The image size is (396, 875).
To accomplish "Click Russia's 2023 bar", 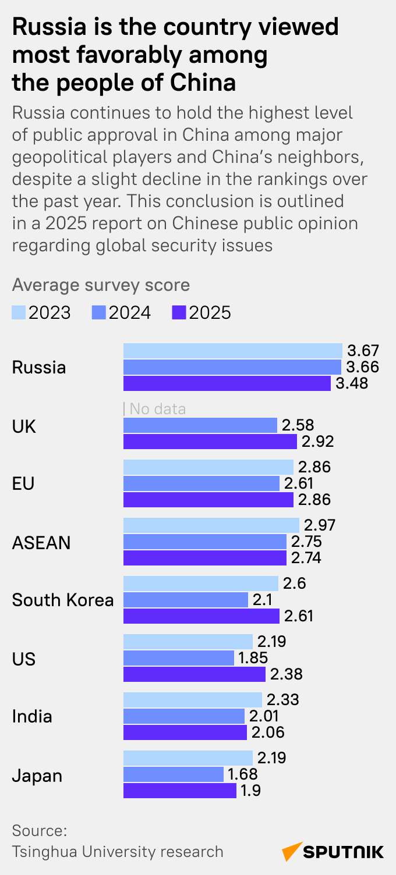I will coord(233,351).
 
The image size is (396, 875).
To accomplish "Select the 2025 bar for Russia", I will coord(227,383).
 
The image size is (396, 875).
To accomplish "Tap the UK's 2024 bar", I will coord(200,425).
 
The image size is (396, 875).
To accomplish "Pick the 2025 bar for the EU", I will coord(208,500).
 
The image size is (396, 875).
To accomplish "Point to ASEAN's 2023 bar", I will coord(211,525).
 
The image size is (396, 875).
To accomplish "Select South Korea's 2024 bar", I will coord(186,600).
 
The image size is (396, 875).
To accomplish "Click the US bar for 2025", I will coord(195,674).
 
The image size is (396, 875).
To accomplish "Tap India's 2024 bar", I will coord(184,716).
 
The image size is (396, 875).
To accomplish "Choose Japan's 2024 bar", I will coord(174,774).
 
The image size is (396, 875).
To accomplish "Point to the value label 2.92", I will coord(317,442).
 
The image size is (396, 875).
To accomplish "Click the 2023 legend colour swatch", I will coord(19,313).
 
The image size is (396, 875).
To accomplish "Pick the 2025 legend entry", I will coord(202,313).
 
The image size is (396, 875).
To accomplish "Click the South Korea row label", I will coord(63,600).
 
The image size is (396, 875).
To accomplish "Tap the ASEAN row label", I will coord(41,542).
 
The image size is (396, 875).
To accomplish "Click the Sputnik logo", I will coord(333,852).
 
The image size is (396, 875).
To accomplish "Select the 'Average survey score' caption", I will coord(101,285).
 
